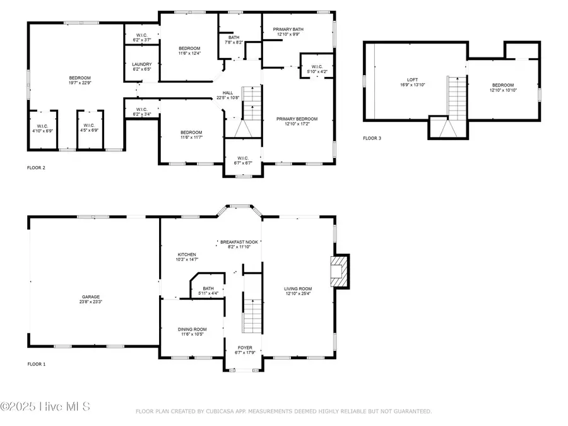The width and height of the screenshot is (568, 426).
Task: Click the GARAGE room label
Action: click(90, 297)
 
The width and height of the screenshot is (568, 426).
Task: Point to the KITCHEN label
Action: click(186, 254)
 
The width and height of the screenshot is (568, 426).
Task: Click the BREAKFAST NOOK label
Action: click(239, 242)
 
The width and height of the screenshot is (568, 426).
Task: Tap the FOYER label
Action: click(245, 348)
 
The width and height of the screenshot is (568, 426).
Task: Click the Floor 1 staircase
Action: click(252, 316)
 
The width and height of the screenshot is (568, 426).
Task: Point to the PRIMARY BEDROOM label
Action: click(297, 119)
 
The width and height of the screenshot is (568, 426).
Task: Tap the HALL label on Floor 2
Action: click(227, 93)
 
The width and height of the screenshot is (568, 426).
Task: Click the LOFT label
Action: click(412, 80)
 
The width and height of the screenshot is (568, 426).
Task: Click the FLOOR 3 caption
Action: click(372, 138)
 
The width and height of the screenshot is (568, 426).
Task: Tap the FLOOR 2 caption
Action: click(36, 168)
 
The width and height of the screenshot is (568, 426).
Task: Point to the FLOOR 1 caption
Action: click(36, 364)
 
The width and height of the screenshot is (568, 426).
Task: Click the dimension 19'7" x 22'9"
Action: click(80, 82)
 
